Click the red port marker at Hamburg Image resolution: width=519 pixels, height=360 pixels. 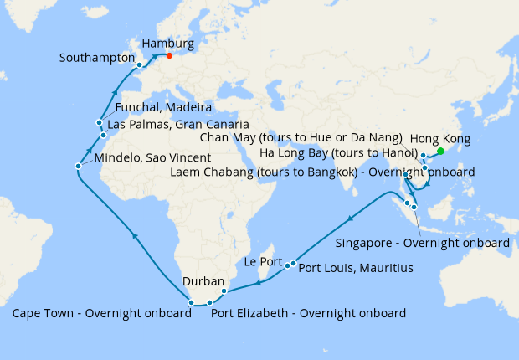click(x=169, y=57)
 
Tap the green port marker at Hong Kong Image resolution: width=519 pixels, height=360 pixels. click(x=441, y=152)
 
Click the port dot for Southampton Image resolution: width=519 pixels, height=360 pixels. click(x=139, y=64)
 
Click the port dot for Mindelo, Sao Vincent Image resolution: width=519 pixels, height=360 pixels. click(x=78, y=166)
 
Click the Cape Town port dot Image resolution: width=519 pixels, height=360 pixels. click(x=192, y=302)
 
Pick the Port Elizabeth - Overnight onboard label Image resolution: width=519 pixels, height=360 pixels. click(x=308, y=314)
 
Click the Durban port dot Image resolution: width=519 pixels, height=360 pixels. click(x=224, y=291)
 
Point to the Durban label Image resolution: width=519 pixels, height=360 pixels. click(x=203, y=281)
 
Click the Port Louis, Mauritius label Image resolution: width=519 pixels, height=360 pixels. click(x=356, y=268)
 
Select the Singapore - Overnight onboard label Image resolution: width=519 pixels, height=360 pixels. click(x=422, y=243)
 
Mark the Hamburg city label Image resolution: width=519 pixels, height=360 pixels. click(x=168, y=43)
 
